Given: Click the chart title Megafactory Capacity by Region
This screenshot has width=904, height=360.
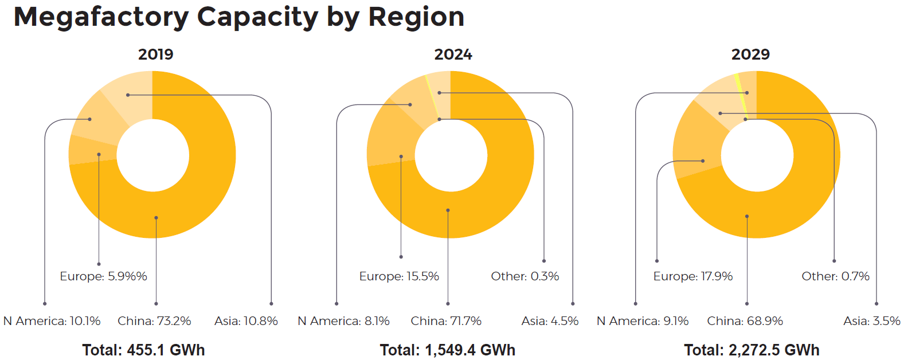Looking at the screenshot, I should (x=238, y=17).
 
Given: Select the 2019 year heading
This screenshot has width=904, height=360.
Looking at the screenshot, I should (x=155, y=54).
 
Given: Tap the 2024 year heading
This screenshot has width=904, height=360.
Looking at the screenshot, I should (x=453, y=54).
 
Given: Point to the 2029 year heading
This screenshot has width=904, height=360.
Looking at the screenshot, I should (x=750, y=54).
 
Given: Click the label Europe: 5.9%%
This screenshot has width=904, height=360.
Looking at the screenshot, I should (x=103, y=276).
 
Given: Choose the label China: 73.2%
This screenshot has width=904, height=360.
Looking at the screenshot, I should (x=154, y=321).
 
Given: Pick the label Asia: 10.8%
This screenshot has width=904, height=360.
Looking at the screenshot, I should (x=246, y=321).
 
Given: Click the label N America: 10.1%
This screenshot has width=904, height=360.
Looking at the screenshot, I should (x=52, y=321).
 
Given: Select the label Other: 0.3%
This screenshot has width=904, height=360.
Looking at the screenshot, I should (x=525, y=276).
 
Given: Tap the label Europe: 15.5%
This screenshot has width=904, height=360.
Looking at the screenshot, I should (x=399, y=276).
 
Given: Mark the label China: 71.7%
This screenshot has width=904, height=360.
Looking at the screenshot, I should (x=446, y=321).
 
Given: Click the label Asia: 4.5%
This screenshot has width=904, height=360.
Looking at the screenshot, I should (x=550, y=321).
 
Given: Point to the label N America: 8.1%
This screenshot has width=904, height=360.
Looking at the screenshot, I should (x=343, y=321).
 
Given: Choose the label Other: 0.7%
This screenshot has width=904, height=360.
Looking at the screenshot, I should (x=835, y=276).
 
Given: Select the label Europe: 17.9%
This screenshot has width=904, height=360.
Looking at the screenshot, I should (x=693, y=276).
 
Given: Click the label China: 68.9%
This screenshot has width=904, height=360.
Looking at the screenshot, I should (x=745, y=321).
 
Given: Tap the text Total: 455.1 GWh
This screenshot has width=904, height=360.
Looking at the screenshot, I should (x=143, y=350).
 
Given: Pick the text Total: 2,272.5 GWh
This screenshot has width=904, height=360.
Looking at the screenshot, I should (x=752, y=350).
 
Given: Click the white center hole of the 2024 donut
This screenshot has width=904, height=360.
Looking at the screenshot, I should (x=451, y=155).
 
